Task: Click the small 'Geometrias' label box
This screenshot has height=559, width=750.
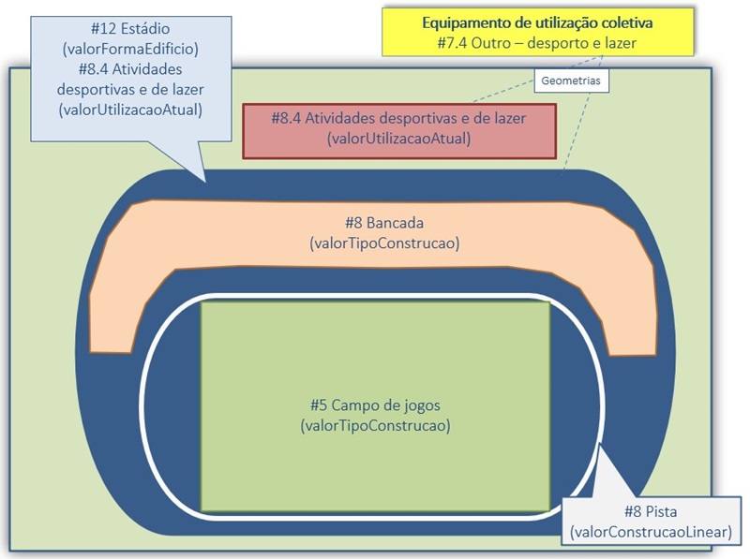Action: pyautogui.click(x=571, y=81)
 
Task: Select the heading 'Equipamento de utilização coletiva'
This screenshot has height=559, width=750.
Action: pyautogui.click(x=537, y=22)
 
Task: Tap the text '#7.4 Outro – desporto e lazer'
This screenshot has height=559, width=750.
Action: pyautogui.click(x=537, y=43)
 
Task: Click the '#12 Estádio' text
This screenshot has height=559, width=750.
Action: pyautogui.click(x=130, y=27)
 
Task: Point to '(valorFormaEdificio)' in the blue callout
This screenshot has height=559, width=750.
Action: pyautogui.click(x=130, y=48)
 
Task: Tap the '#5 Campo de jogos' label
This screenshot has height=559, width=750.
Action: pyautogui.click(x=375, y=405)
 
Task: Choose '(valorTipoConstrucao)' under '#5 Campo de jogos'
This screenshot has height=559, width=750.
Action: pyautogui.click(x=375, y=425)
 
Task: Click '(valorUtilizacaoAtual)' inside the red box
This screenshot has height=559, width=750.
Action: pyautogui.click(x=397, y=139)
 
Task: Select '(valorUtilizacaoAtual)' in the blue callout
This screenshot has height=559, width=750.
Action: pyautogui.click(x=130, y=110)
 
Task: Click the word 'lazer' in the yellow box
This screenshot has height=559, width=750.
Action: pyautogui.click(x=618, y=43)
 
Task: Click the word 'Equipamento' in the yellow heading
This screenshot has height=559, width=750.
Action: pyautogui.click(x=466, y=22)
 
